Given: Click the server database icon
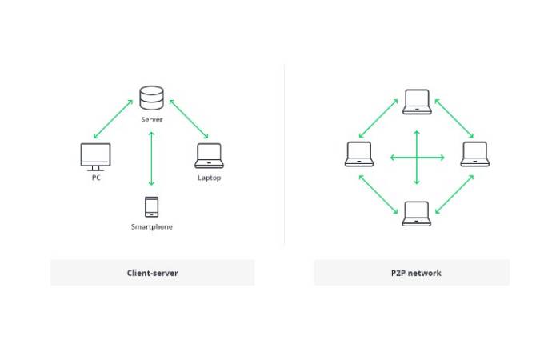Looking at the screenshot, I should (x=151, y=98).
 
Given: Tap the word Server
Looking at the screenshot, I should (x=151, y=119).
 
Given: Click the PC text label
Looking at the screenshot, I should (x=96, y=178).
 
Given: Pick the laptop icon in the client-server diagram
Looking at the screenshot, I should (x=209, y=156).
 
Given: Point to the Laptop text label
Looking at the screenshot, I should (x=209, y=178).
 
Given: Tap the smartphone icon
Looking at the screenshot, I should (x=151, y=206).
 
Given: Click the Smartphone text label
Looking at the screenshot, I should (x=151, y=227).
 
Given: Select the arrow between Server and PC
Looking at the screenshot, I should (x=114, y=118).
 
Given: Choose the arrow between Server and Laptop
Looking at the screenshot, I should (x=189, y=118).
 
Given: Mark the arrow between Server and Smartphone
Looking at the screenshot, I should (x=151, y=158).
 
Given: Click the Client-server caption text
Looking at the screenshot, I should (x=152, y=273).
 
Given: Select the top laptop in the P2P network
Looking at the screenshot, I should (x=417, y=102).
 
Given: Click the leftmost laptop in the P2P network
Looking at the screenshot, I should (x=359, y=154).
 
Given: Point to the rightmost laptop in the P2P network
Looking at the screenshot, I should (x=475, y=154).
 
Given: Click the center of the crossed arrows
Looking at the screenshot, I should (x=417, y=157).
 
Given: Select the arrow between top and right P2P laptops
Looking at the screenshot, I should (x=454, y=118).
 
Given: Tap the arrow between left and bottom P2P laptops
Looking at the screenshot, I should (x=378, y=194).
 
